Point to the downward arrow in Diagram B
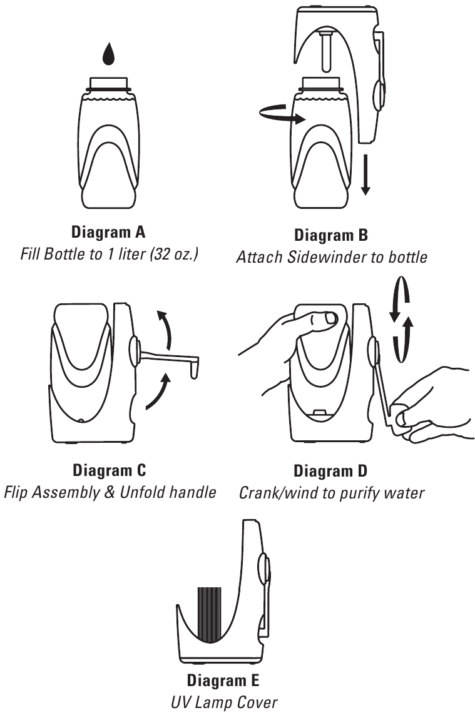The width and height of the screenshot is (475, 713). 365,178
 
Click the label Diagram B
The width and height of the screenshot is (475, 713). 331,236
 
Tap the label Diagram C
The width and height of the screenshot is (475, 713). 110,470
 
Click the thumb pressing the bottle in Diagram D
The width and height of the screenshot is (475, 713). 326,320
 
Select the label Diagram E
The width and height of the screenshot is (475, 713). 223,680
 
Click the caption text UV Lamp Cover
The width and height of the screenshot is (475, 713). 223,702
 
